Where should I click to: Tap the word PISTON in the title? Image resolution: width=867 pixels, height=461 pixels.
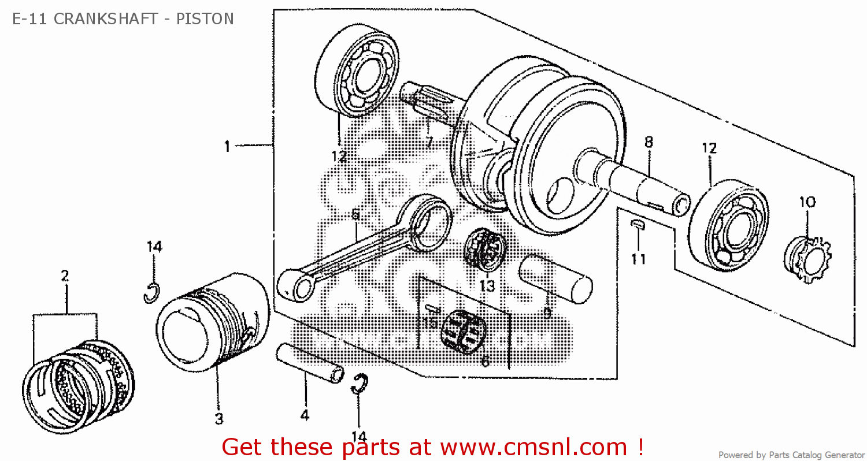click(205, 19)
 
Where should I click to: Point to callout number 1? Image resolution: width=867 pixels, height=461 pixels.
click(227, 147)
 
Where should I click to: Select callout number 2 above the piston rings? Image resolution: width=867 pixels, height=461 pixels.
click(65, 276)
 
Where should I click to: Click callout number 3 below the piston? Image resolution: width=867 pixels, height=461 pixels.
click(219, 419)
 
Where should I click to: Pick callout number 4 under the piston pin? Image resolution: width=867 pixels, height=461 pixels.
click(305, 415)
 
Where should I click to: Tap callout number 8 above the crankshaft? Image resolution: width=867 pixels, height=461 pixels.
click(649, 141)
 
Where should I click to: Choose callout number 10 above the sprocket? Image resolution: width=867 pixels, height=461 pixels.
click(807, 202)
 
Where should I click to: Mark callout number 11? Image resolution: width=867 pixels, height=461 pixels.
click(638, 259)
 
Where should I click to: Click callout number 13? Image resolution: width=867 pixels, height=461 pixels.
click(487, 285)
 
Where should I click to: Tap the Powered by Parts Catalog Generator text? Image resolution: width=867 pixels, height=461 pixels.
click(791, 455)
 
